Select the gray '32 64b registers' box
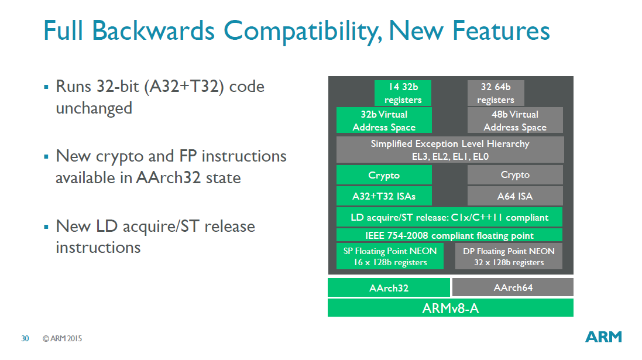[496, 93]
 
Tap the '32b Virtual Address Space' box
[384, 121]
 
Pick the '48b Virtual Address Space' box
[515, 121]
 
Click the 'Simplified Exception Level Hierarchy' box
[449, 149]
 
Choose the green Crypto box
[384, 175]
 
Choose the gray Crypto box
[515, 175]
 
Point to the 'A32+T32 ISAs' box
[384, 196]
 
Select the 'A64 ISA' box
[515, 196]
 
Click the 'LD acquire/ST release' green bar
[449, 217]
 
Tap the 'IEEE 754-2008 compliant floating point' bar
[449, 235]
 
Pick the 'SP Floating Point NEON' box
[390, 256]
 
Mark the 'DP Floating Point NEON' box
[509, 256]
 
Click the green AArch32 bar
[389, 287]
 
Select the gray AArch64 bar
[513, 287]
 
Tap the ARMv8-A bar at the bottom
[450, 308]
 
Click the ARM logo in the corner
[603, 337]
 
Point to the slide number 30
[25, 338]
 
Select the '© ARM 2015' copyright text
[62, 338]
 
